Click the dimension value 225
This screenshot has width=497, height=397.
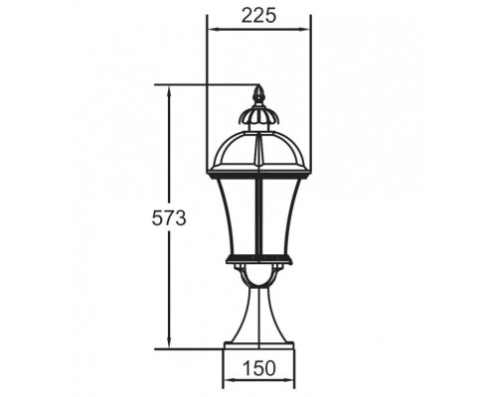257,15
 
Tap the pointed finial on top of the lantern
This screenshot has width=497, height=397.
259,96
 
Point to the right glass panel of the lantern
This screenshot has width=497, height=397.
281,213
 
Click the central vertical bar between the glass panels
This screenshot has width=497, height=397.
259,213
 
